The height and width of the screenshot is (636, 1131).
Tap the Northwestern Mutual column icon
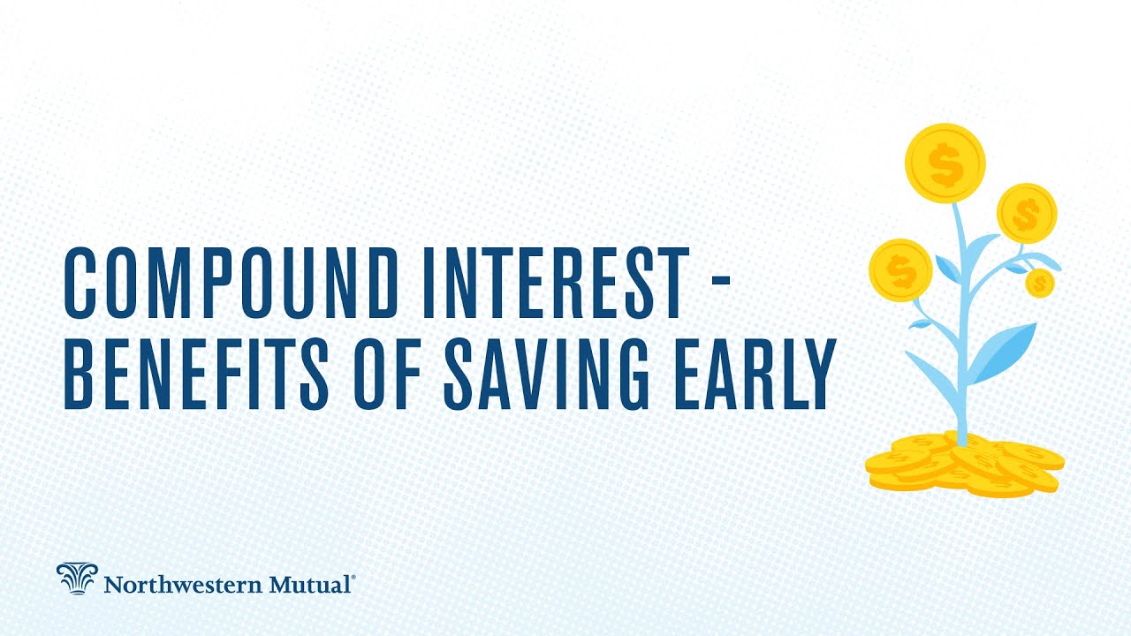(x=76, y=579)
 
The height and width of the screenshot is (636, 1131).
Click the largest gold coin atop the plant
(x=945, y=163)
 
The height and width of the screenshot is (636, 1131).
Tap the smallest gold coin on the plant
(x=1040, y=283)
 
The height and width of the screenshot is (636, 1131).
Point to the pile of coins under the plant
(x=964, y=463)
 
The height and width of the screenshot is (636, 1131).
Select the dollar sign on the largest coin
(x=945, y=165)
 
